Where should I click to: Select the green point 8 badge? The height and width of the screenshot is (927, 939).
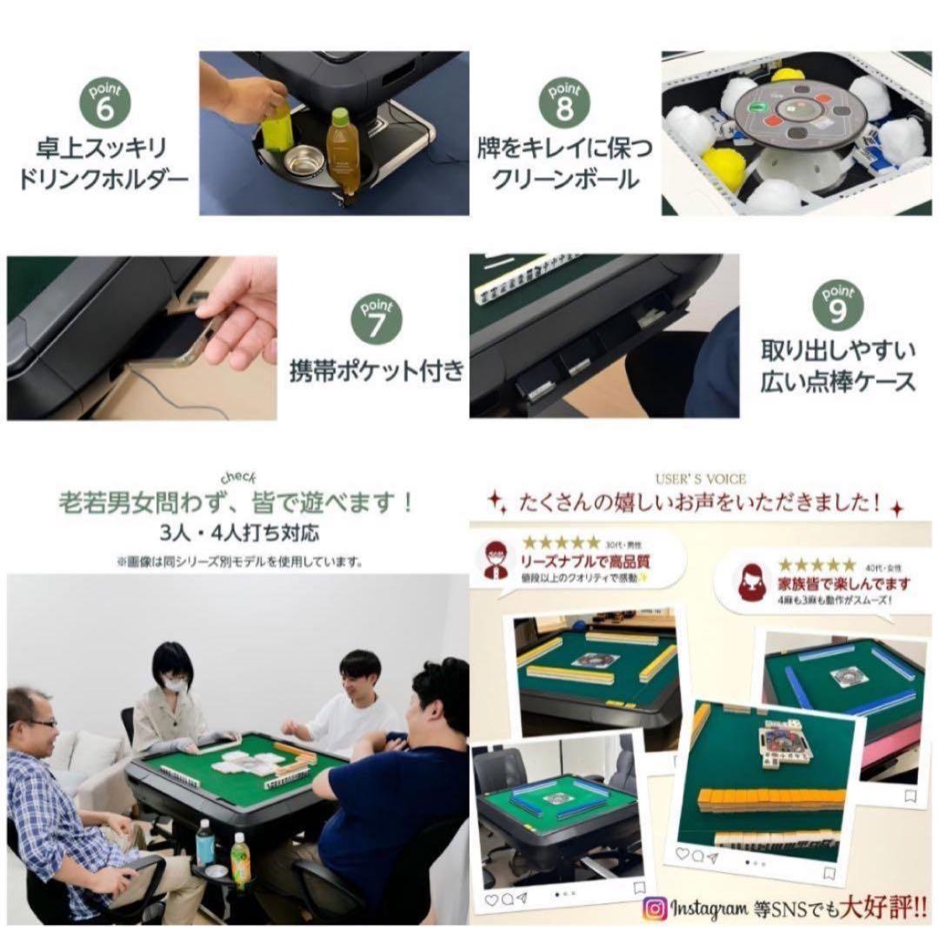point(563,102)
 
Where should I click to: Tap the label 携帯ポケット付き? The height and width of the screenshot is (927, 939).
point(376,371)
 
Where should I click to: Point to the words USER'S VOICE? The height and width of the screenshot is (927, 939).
point(702,478)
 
